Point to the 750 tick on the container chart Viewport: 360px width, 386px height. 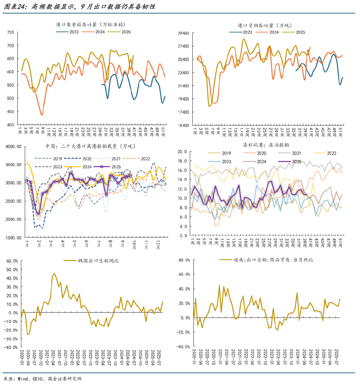click(x=11, y=32)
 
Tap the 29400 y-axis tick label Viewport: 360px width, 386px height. click(x=183, y=33)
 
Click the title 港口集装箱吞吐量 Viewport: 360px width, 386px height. click(x=91, y=25)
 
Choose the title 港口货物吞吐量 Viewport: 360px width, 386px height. click(x=265, y=25)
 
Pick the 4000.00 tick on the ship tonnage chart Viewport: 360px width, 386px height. click(x=13, y=147)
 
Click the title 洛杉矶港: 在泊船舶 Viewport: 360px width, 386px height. click(x=266, y=145)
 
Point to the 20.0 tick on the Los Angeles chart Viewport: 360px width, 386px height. click(x=182, y=152)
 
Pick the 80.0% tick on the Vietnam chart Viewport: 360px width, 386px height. click(x=184, y=260)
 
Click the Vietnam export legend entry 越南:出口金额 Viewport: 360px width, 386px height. click(x=273, y=260)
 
